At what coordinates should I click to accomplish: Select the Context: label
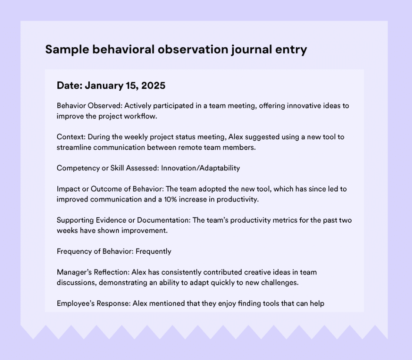(71, 137)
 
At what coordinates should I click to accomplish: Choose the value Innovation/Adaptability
(200, 168)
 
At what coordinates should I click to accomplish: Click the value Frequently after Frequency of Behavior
(153, 251)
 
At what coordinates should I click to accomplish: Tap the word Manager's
(73, 272)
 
